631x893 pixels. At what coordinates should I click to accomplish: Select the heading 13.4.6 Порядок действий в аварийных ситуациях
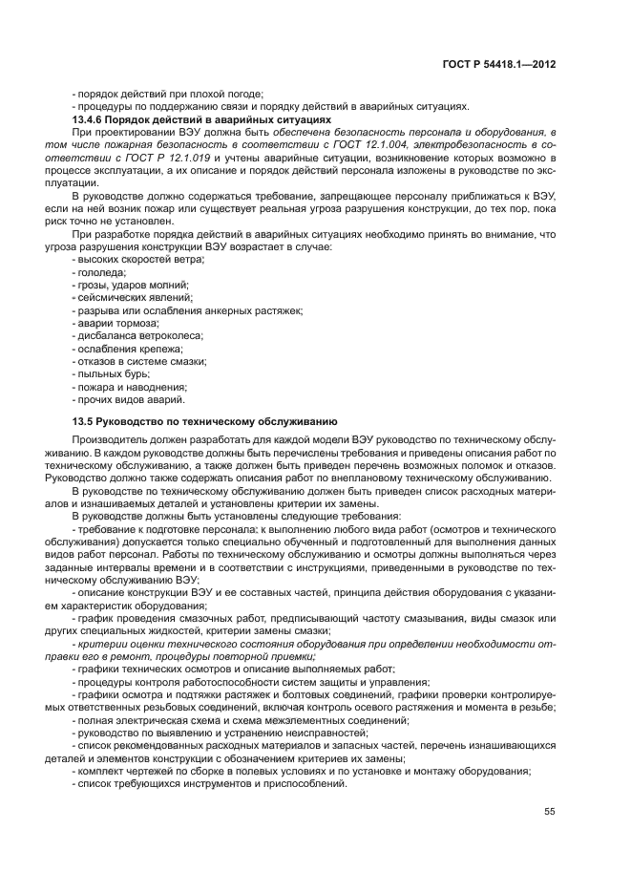pos(201,119)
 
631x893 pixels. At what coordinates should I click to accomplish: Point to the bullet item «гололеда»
pos(99,272)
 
